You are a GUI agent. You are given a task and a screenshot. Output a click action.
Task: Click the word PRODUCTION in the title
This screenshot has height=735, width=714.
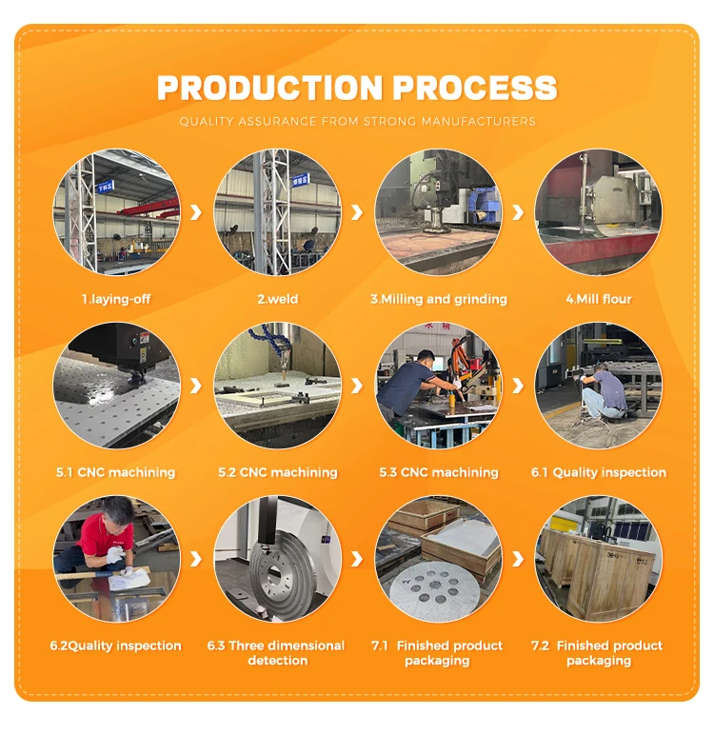(x=270, y=88)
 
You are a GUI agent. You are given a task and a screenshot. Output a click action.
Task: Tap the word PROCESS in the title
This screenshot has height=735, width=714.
(x=474, y=88)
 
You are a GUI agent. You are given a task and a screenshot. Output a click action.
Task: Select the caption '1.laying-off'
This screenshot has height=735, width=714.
(x=116, y=299)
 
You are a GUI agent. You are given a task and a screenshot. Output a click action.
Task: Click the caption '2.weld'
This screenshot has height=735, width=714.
(x=278, y=299)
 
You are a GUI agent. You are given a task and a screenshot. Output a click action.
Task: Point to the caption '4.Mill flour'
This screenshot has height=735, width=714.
(x=599, y=299)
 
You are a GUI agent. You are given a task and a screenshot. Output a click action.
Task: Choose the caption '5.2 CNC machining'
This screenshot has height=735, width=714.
(x=278, y=472)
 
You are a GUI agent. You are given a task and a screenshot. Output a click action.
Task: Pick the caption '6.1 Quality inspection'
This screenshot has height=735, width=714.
(x=599, y=472)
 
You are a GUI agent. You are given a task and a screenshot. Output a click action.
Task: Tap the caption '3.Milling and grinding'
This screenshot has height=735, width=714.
(x=439, y=299)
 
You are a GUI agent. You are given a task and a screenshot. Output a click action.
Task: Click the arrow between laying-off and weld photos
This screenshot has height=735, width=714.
(x=196, y=212)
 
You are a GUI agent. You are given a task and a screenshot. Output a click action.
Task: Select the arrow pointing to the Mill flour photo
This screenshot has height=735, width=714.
(x=518, y=212)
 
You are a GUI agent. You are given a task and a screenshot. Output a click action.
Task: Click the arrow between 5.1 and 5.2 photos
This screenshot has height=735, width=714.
(x=196, y=386)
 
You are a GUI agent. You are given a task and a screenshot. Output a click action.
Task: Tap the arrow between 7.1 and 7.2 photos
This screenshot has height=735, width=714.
(x=518, y=559)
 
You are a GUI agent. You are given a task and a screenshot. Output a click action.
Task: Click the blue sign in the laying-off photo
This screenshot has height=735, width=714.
(x=105, y=187)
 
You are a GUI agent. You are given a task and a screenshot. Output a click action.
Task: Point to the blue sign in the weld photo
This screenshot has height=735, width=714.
(x=300, y=180)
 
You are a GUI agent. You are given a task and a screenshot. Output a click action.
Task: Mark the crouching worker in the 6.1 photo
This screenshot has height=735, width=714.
(x=604, y=393)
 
